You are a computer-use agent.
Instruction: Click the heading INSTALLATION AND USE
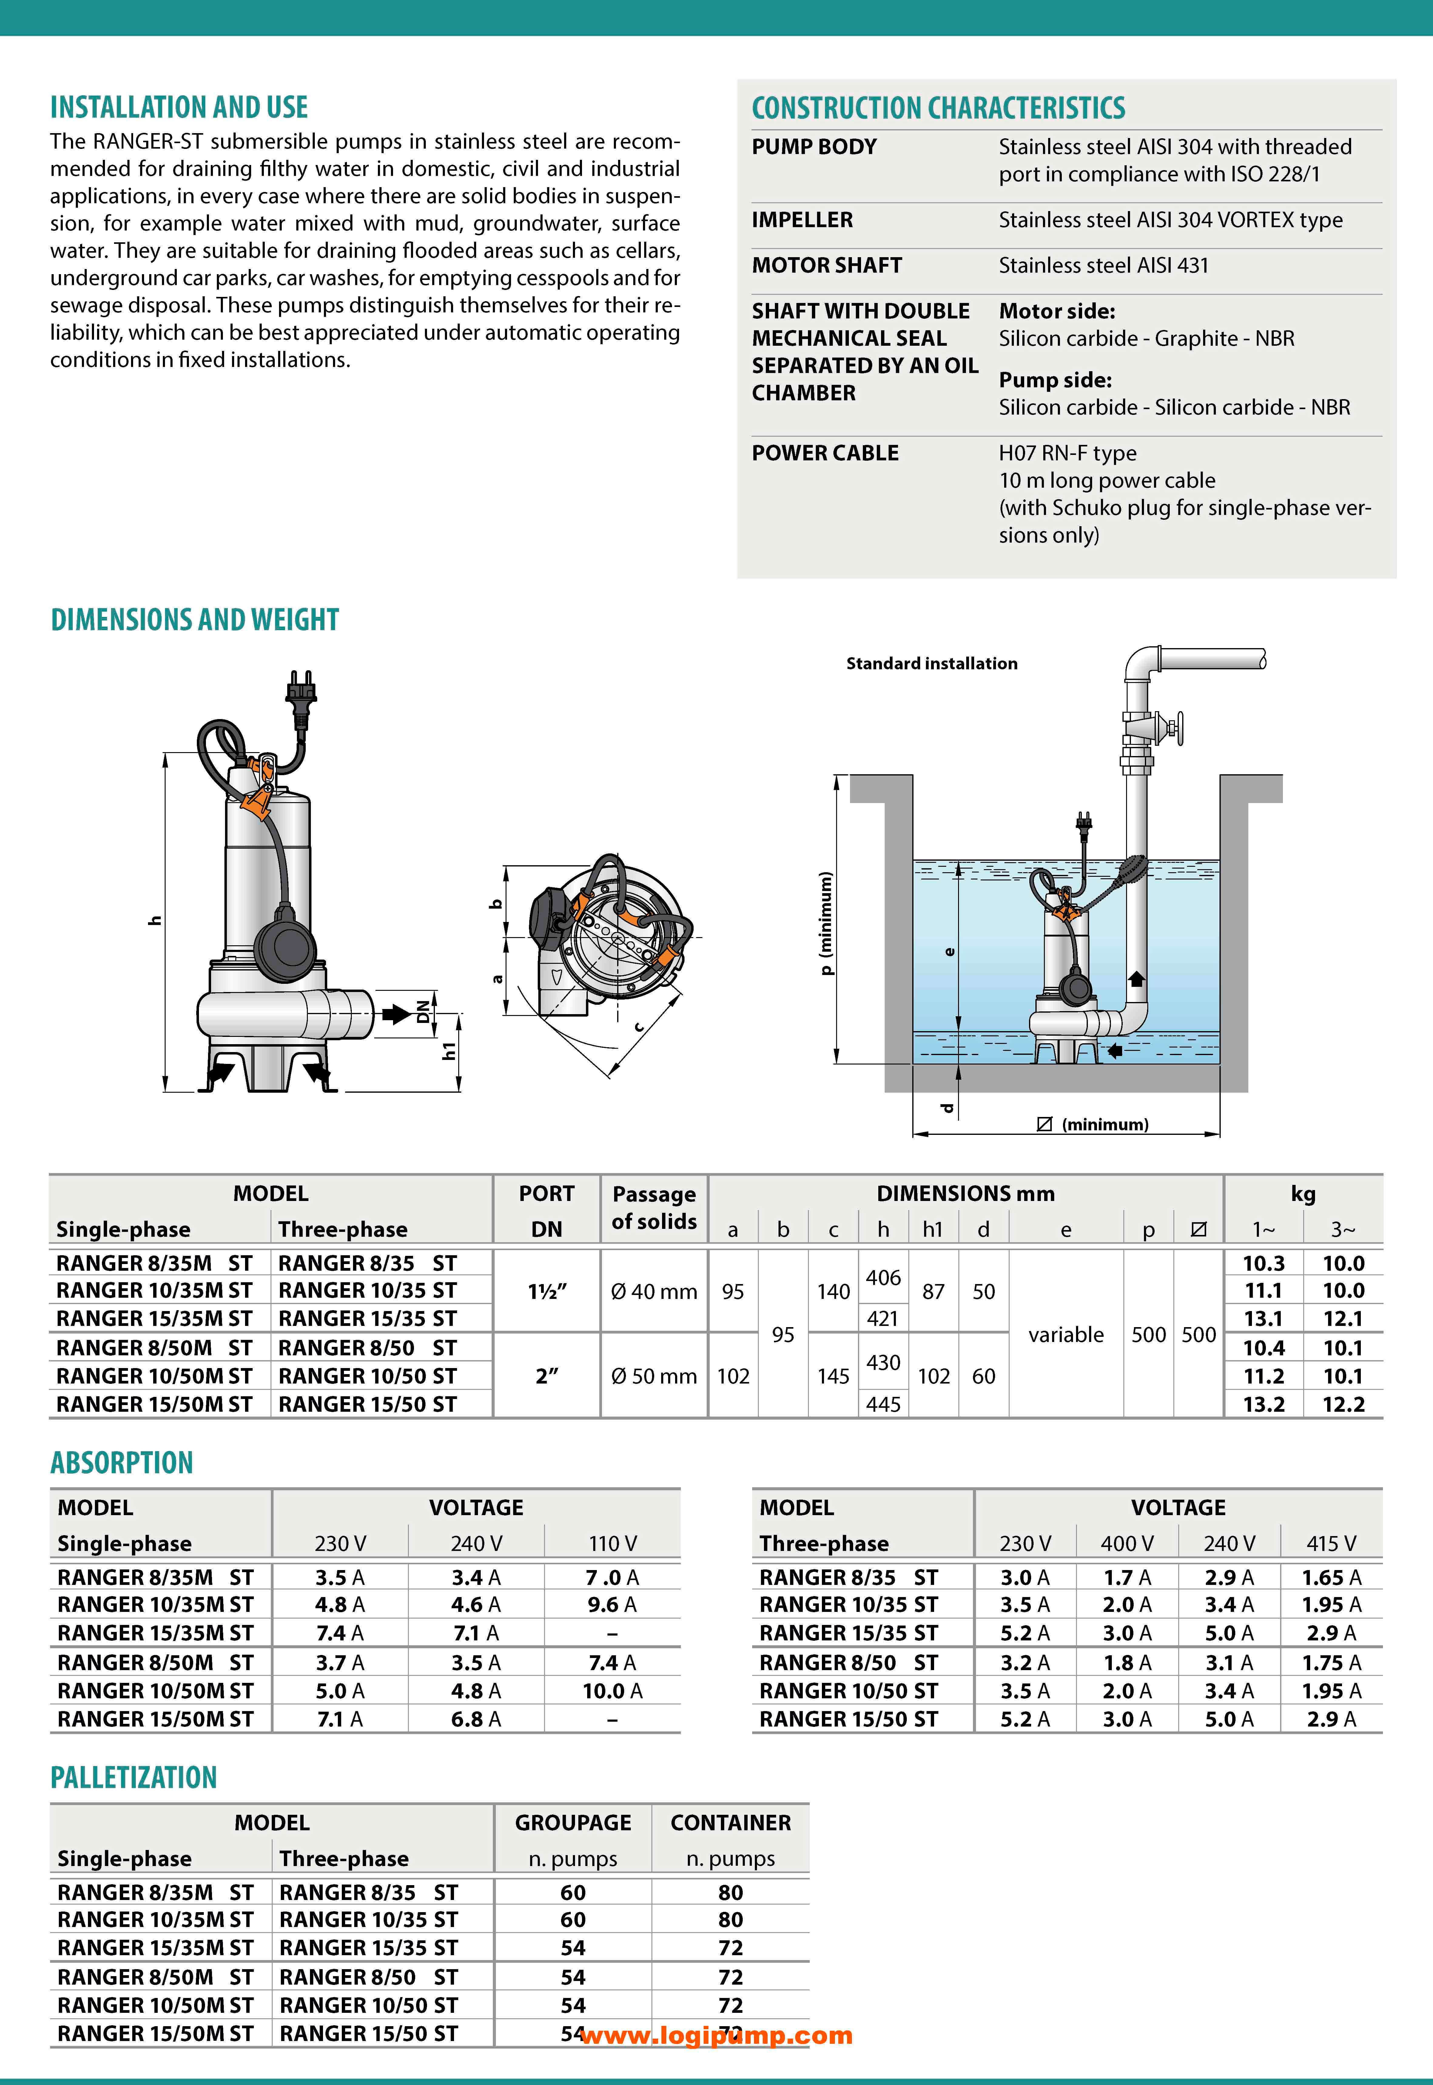pyautogui.click(x=179, y=108)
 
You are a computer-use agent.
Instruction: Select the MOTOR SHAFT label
pyautogui.click(x=826, y=266)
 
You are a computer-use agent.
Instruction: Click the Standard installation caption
pyautogui.click(x=931, y=664)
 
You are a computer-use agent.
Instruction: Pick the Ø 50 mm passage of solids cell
pyautogui.click(x=654, y=1377)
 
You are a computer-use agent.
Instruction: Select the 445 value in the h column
pyautogui.click(x=883, y=1404)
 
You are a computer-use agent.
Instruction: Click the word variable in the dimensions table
pyautogui.click(x=1066, y=1335)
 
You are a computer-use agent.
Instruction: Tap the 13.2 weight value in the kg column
pyautogui.click(x=1263, y=1404)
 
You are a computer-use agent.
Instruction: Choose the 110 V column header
pyautogui.click(x=612, y=1544)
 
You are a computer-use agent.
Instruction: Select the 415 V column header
pyautogui.click(x=1331, y=1544)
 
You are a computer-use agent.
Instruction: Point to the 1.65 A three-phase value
pyautogui.click(x=1331, y=1578)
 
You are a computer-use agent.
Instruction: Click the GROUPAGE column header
pyautogui.click(x=573, y=1823)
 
